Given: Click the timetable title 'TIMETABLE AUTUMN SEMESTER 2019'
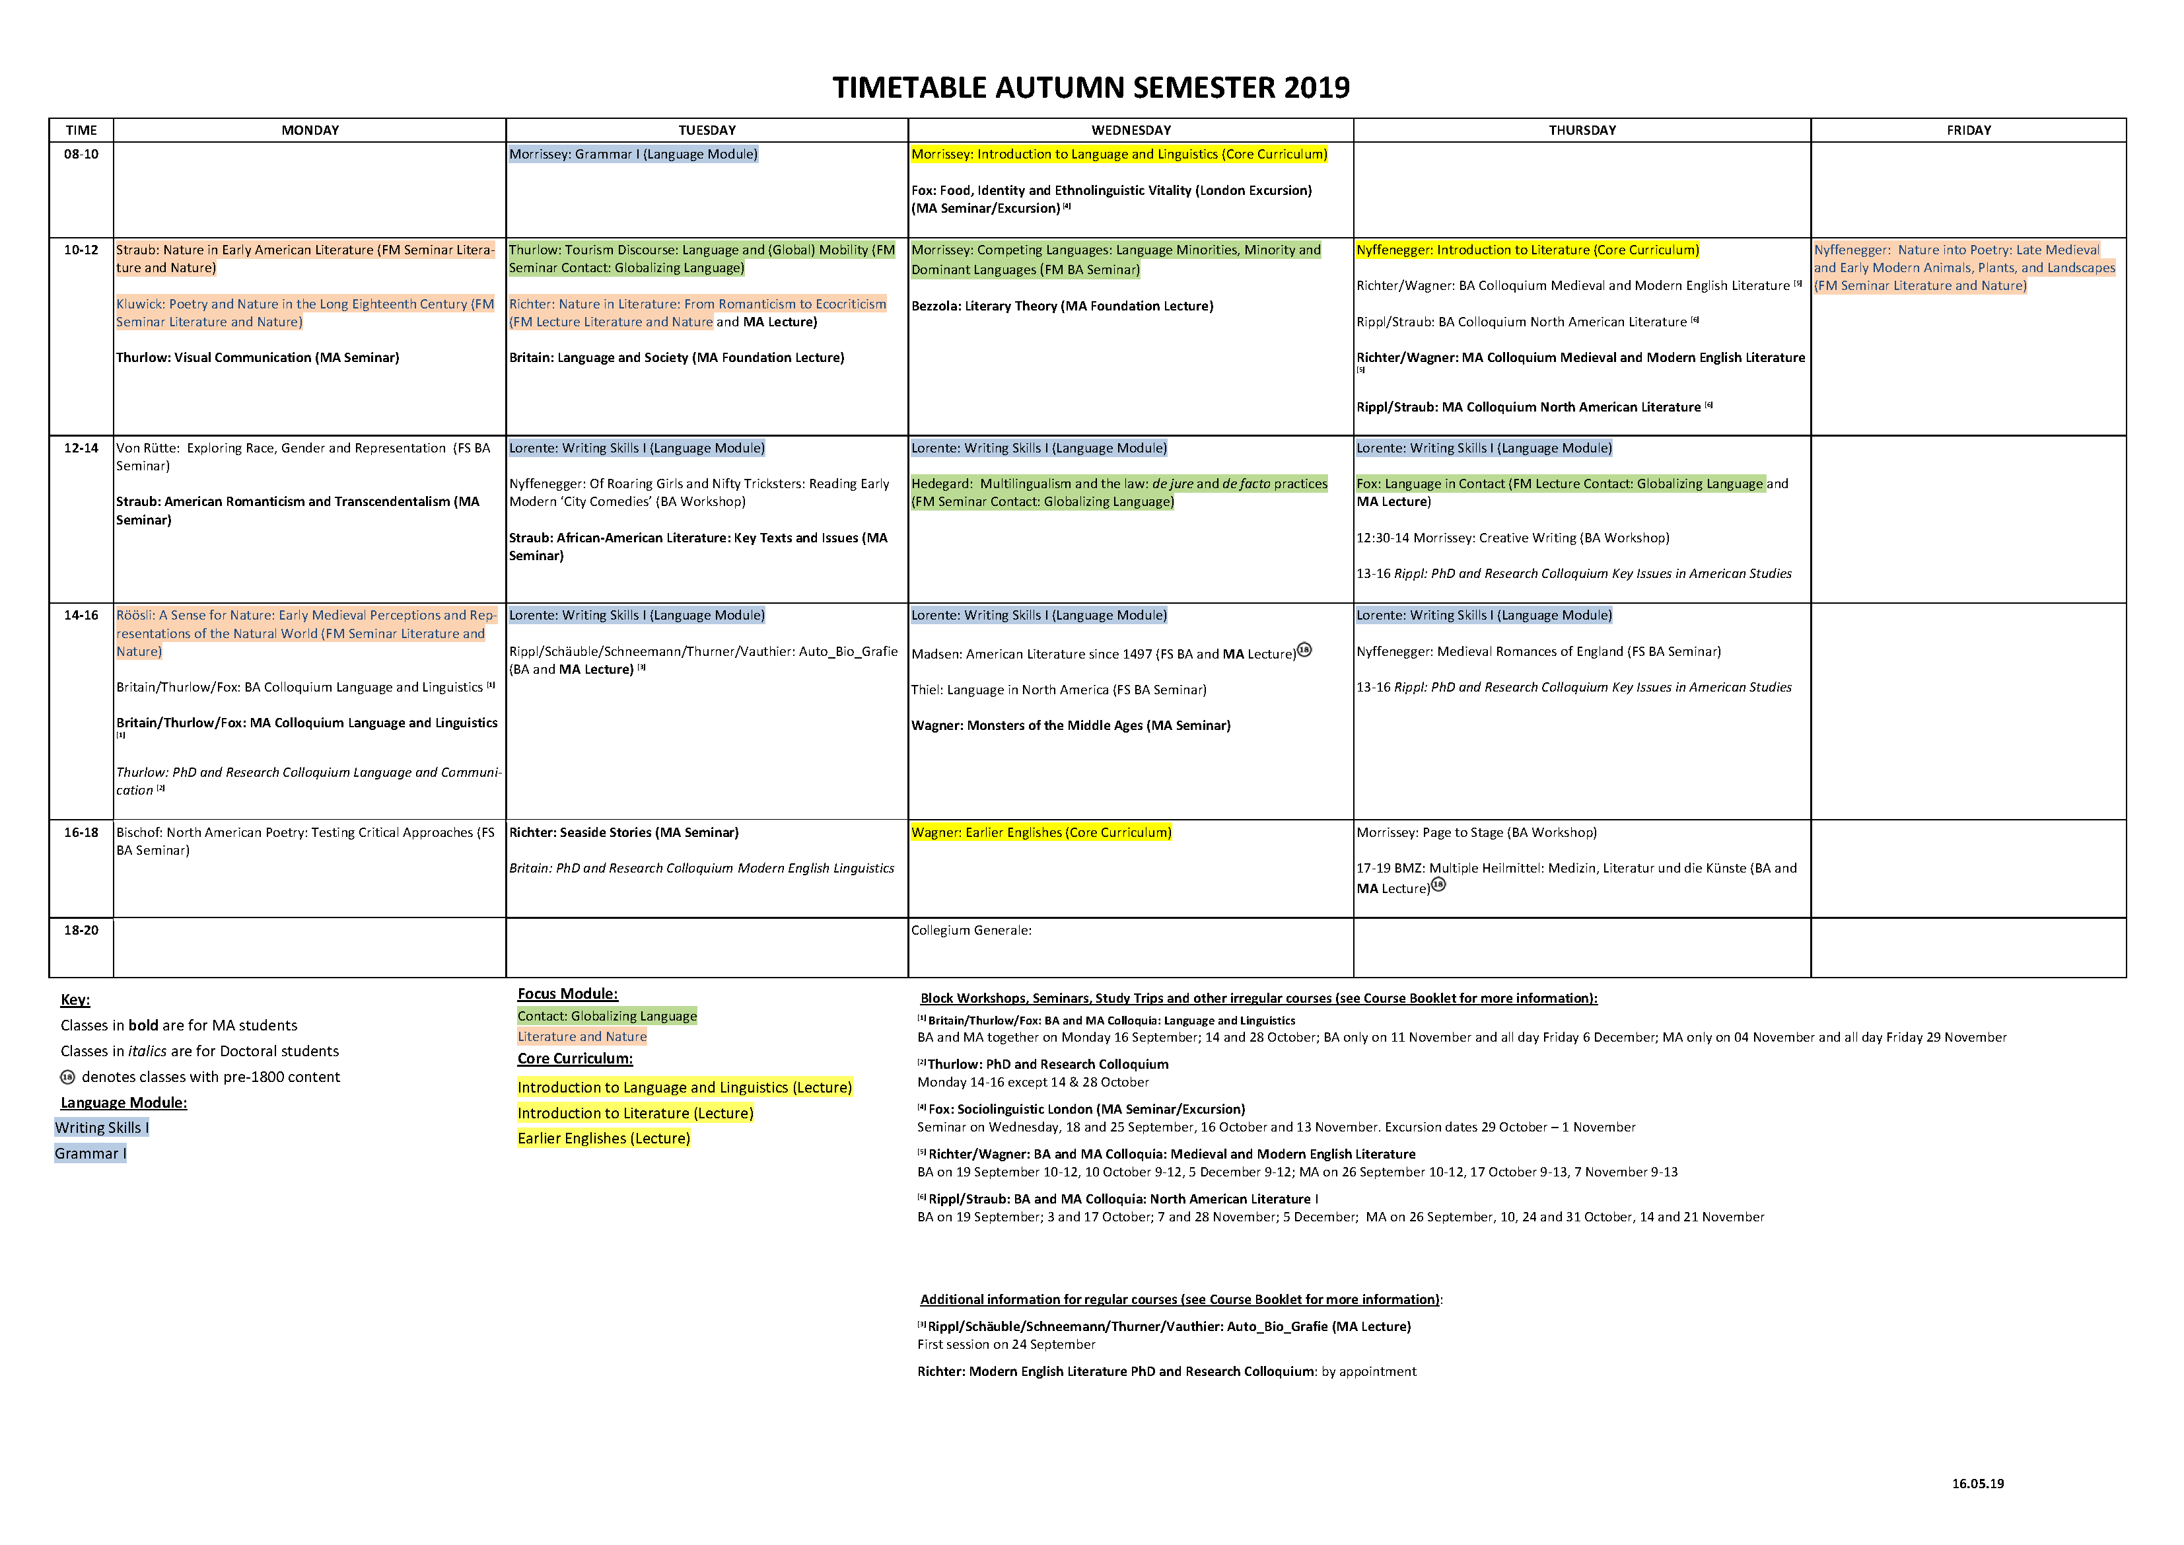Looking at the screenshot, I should (x=1090, y=88).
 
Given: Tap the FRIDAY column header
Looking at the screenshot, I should (x=1968, y=130).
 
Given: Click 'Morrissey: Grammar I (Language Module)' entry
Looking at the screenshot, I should (x=633, y=154).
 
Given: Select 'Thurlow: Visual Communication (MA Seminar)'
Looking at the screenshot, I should (x=258, y=358).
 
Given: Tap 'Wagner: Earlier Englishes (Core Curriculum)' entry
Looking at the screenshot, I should (x=1041, y=832).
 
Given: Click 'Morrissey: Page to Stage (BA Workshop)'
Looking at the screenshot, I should (x=1476, y=832).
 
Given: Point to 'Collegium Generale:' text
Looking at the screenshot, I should (x=971, y=931).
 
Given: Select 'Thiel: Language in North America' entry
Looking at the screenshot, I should (x=1058, y=690).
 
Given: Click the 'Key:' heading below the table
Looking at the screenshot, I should (x=75, y=1000).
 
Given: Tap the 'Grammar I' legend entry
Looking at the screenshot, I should (x=90, y=1153).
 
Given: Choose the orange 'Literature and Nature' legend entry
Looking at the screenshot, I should (x=582, y=1037).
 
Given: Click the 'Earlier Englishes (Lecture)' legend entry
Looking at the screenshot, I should (x=603, y=1139).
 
